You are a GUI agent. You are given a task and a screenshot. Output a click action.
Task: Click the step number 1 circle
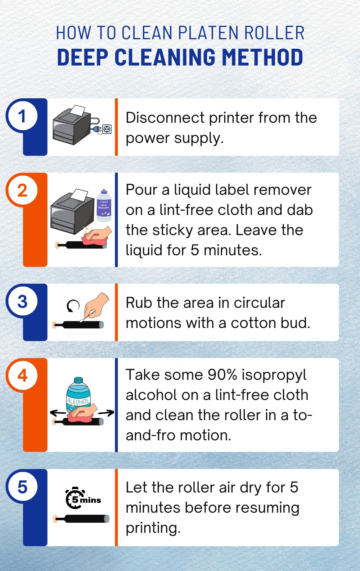click(x=22, y=116)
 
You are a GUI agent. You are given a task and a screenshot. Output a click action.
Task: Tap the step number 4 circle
click(x=22, y=376)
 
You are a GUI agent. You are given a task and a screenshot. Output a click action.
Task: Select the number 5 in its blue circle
click(x=22, y=487)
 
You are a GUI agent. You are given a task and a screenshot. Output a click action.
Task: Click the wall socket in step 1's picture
click(x=107, y=129)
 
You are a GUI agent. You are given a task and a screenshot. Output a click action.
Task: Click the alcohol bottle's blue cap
click(x=78, y=381)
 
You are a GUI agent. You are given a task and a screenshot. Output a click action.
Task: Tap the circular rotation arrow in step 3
click(x=73, y=306)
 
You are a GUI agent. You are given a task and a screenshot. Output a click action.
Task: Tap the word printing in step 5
click(x=153, y=528)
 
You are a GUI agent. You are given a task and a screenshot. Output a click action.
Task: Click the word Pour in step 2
click(x=141, y=190)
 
